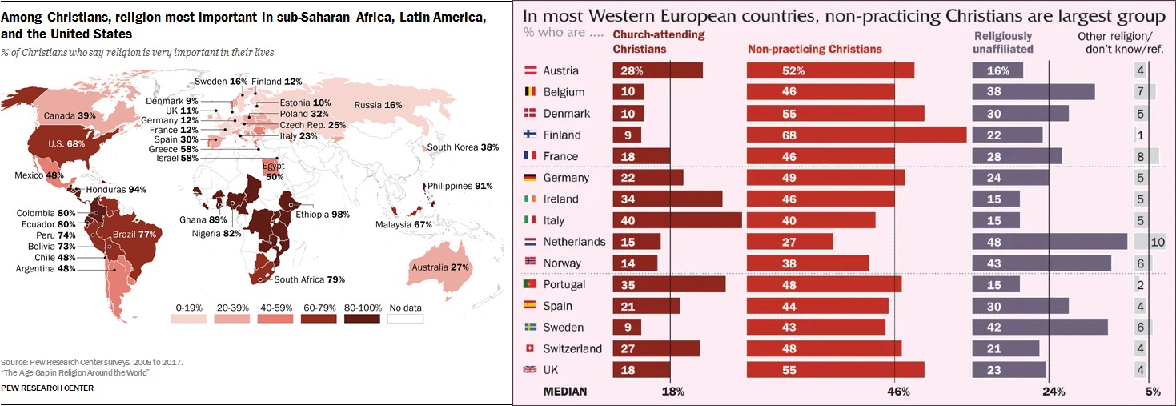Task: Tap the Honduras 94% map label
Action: [x=116, y=190]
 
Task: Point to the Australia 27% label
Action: [x=438, y=267]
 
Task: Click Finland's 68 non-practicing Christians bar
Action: [x=856, y=135]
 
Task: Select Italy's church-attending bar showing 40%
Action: [x=676, y=220]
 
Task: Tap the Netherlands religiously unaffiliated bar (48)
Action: [x=1049, y=241]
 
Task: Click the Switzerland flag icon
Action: [x=529, y=348]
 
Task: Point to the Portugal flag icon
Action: [x=529, y=284]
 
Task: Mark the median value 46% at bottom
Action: [x=898, y=392]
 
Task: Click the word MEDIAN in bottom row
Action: [x=565, y=392]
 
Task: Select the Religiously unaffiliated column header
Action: [x=1003, y=42]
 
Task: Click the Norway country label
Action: [x=561, y=263]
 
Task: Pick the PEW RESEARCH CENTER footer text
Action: [x=47, y=388]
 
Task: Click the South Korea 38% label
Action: [x=463, y=147]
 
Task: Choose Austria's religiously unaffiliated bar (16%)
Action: [x=997, y=70]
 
